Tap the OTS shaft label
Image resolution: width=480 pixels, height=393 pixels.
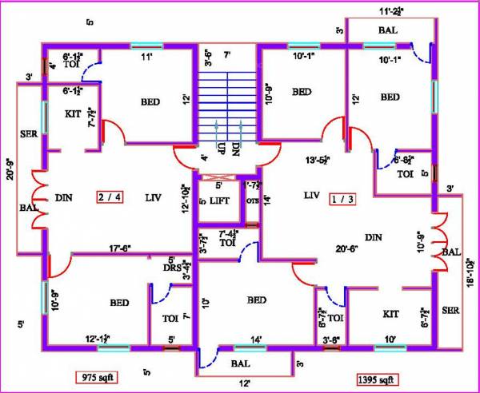(x=252, y=200)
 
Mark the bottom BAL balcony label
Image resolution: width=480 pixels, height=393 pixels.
(x=238, y=363)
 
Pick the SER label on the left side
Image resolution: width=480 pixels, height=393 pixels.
(x=28, y=133)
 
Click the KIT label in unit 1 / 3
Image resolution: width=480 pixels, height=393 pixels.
(x=390, y=314)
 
